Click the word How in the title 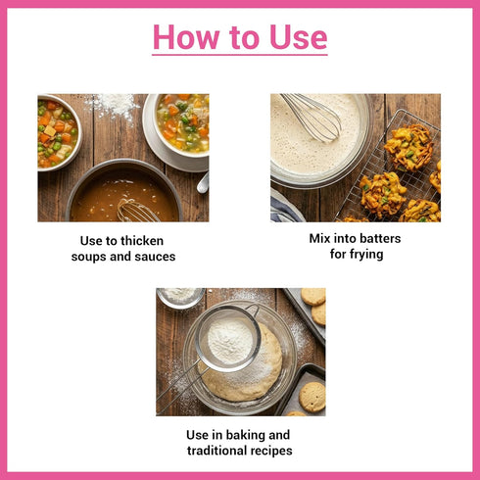pyautogui.click(x=185, y=37)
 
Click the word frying pyautogui.click(x=365, y=255)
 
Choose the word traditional pyautogui.click(x=213, y=451)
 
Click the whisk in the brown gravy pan pyautogui.click(x=136, y=211)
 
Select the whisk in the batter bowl pyautogui.click(x=312, y=117)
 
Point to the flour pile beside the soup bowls pyautogui.click(x=113, y=105)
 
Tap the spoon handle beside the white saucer pyautogui.click(x=203, y=183)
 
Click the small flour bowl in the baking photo pyautogui.click(x=180, y=297)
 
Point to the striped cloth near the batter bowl pyautogui.click(x=285, y=208)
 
